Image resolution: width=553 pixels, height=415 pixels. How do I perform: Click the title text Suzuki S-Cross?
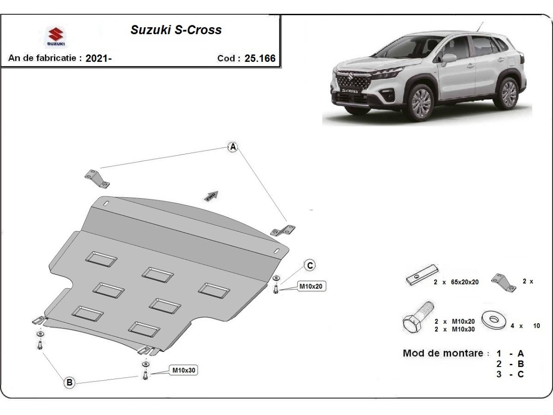(176, 30)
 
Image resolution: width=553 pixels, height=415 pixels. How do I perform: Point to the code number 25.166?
(259, 59)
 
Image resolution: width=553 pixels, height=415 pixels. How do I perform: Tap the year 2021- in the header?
(98, 59)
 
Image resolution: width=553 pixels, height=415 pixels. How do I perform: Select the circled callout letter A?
(233, 147)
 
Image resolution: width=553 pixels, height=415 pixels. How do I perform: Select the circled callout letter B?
(69, 382)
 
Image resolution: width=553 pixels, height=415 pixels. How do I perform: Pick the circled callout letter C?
(310, 265)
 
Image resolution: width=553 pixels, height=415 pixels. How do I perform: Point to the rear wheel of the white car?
(508, 93)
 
